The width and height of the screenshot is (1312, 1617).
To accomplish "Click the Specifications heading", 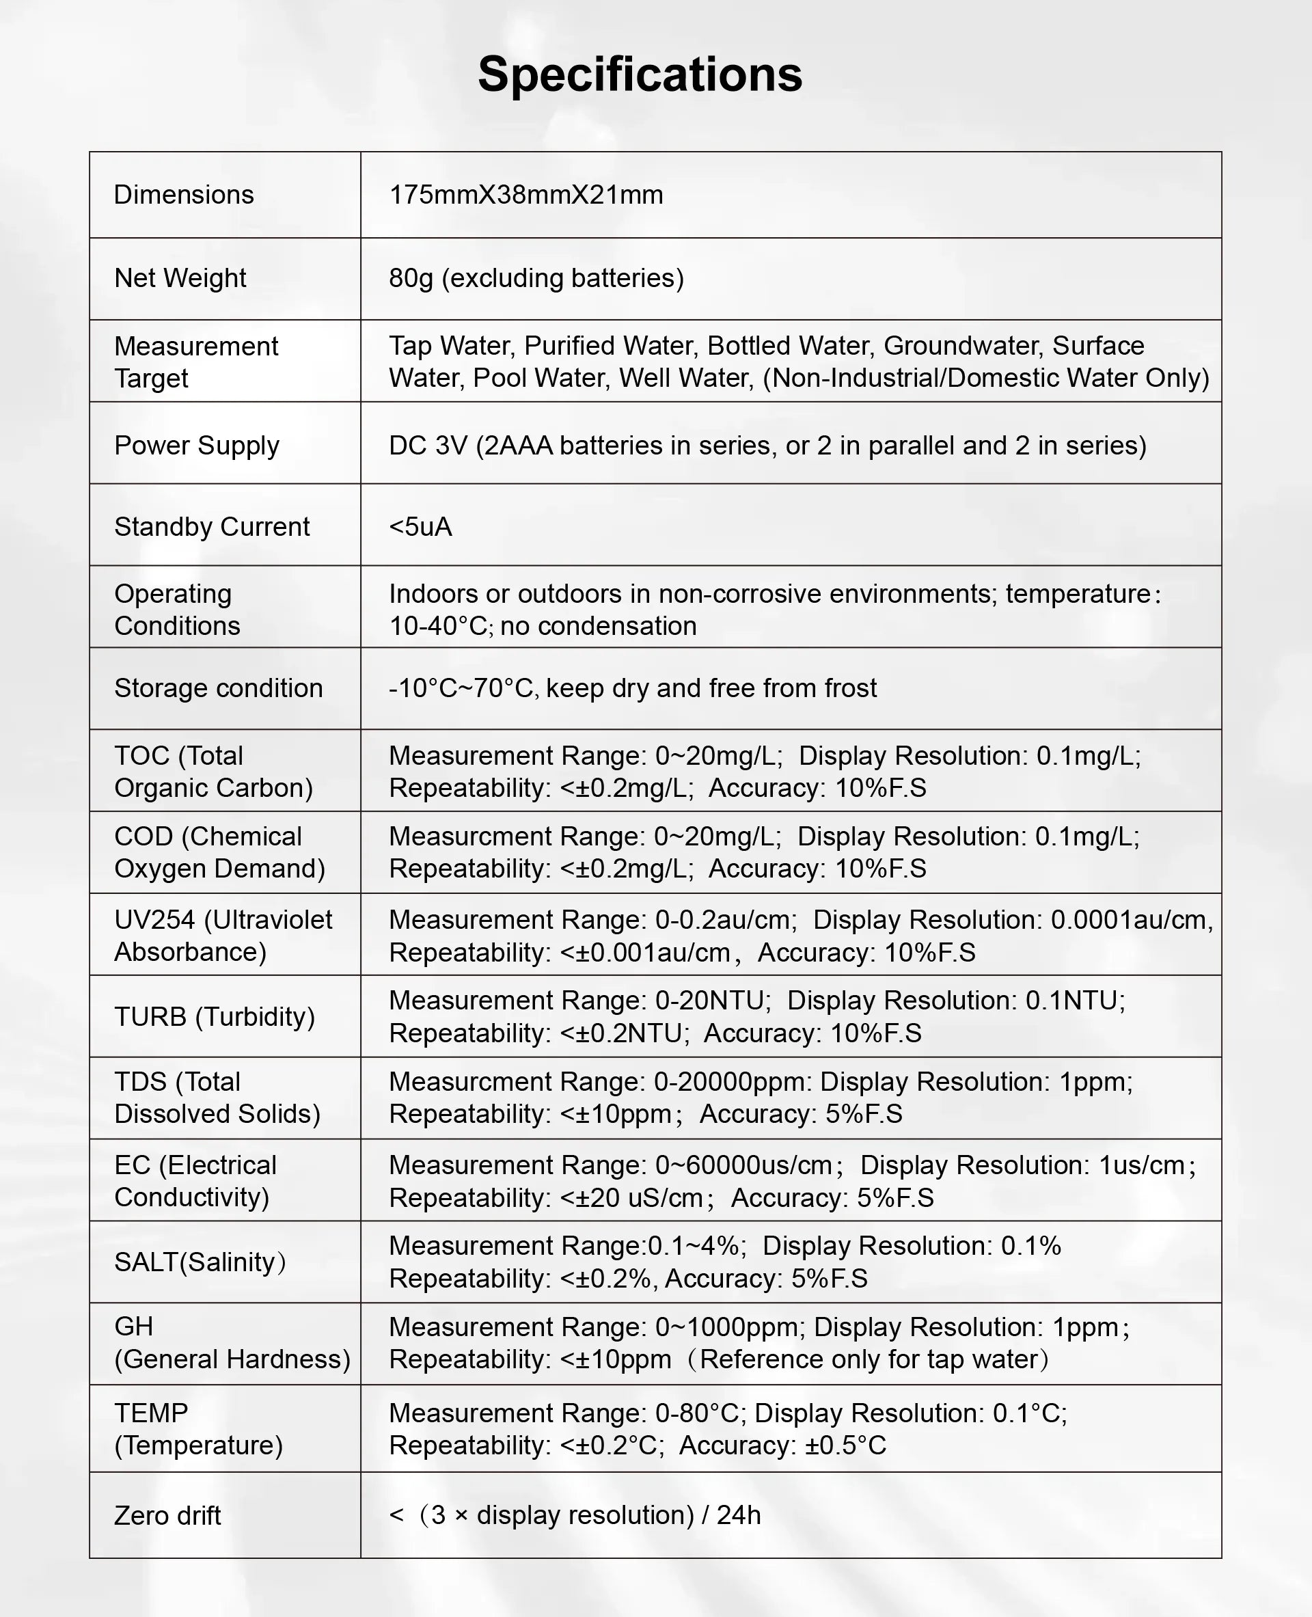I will (x=640, y=75).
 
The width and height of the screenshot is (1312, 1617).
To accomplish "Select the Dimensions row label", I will (x=184, y=195).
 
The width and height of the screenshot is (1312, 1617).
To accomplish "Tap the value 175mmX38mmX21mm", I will (x=526, y=195).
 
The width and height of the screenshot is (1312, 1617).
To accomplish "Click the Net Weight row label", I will (x=180, y=278).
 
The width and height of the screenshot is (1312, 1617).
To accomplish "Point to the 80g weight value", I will (x=411, y=278).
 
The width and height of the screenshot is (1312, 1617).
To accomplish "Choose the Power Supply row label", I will (x=197, y=446).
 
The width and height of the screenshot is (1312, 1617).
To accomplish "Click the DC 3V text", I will (x=428, y=446).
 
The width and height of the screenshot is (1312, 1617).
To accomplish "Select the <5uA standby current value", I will (x=420, y=527).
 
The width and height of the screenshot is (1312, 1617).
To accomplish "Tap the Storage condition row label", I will (x=219, y=689).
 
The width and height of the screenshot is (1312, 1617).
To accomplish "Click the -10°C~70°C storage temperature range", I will (x=461, y=689).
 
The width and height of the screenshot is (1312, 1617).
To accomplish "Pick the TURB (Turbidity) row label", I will (x=215, y=1017).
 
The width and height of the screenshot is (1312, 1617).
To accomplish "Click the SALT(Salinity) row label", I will (x=200, y=1262).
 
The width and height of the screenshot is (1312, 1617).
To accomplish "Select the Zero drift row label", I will (x=168, y=1516).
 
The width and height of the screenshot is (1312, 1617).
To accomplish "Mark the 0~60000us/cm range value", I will (x=743, y=1165).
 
